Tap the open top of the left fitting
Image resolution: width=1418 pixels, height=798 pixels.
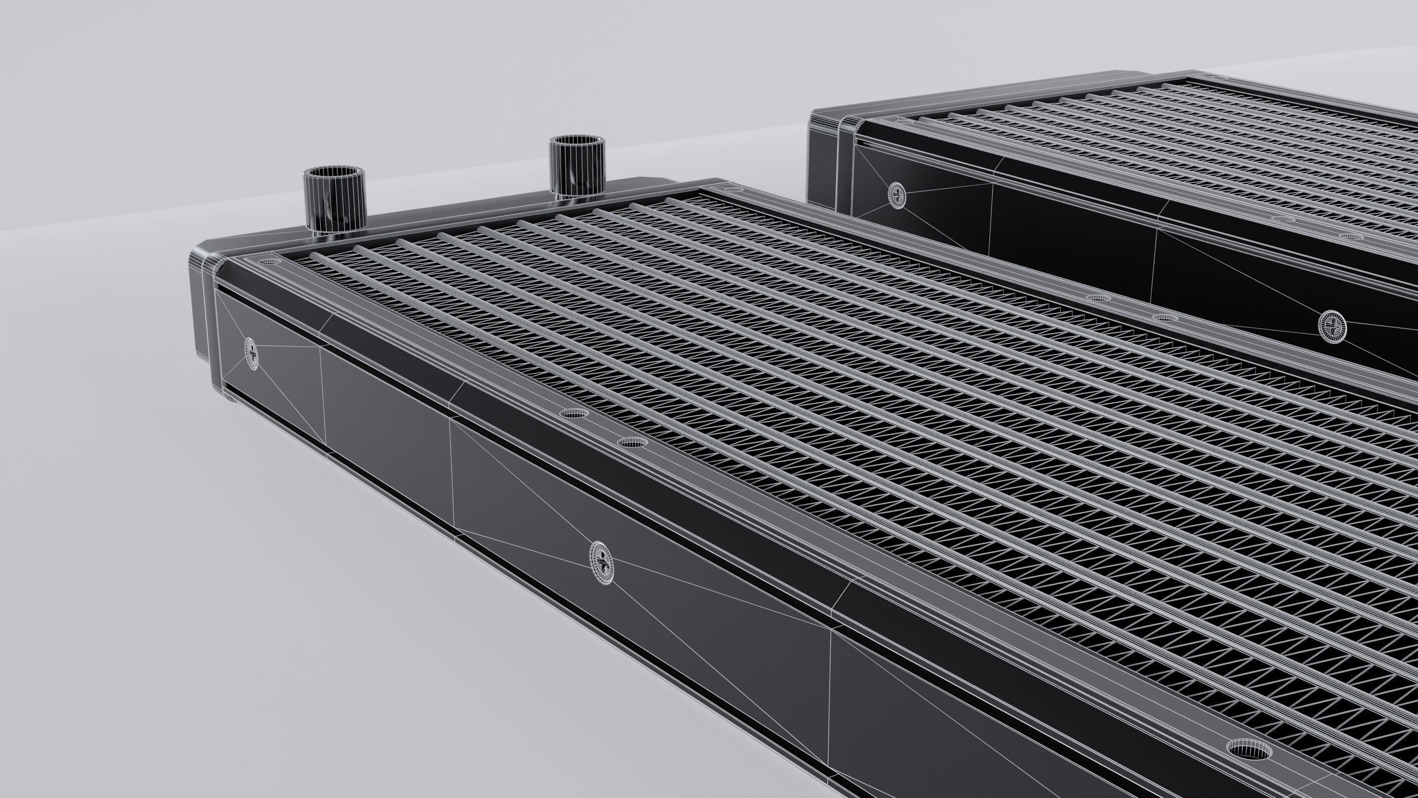point(334,177)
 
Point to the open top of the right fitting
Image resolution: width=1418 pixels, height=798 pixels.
point(577,141)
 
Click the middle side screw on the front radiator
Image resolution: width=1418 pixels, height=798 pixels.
point(601,563)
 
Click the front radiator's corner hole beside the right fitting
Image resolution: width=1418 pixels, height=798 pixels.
point(737,190)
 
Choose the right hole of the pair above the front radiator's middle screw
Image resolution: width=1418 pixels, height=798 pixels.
point(631,442)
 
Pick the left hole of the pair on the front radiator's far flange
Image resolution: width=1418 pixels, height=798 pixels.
point(1098,298)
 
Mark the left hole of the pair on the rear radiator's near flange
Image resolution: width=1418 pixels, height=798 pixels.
point(1283,219)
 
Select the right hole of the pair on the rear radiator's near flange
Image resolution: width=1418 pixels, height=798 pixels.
point(1350,237)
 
